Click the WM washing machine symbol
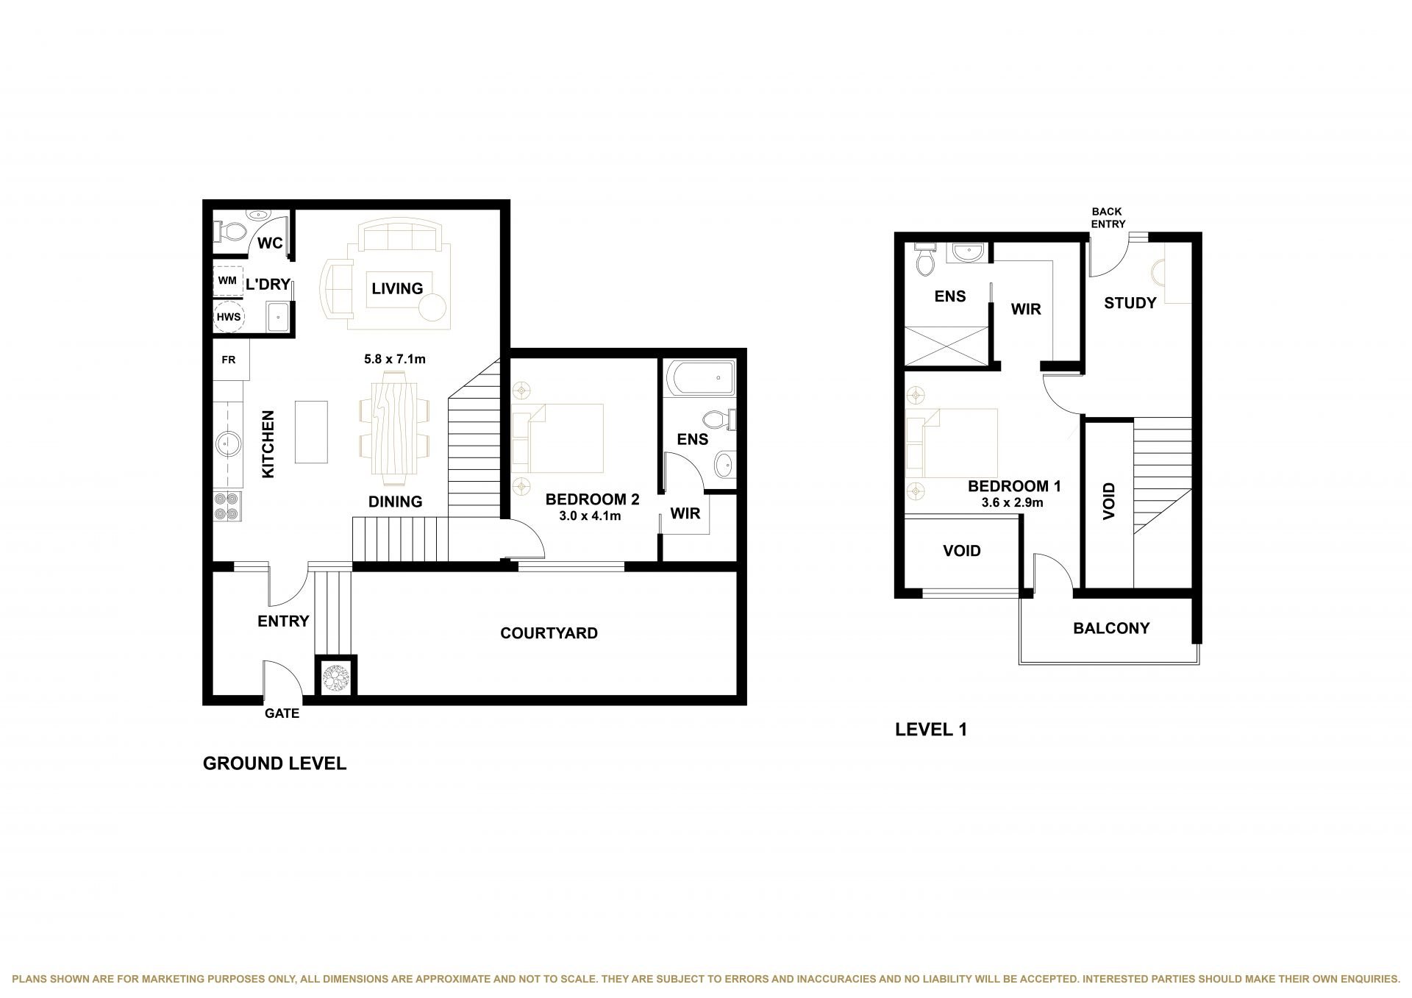[x=228, y=281]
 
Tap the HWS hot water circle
[x=228, y=317]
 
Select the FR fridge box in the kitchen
[x=231, y=360]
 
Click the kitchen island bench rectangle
[x=311, y=432]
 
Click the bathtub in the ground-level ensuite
[x=701, y=378]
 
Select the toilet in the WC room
[x=231, y=232]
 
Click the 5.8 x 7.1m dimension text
[x=395, y=360]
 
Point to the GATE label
[x=282, y=713]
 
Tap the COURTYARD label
[x=549, y=633]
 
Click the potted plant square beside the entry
[x=337, y=676]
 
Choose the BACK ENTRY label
[x=1108, y=218]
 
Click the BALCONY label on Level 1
[x=1111, y=628]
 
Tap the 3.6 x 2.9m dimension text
[x=1013, y=503]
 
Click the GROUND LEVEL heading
[x=274, y=763]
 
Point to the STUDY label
[x=1130, y=303]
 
